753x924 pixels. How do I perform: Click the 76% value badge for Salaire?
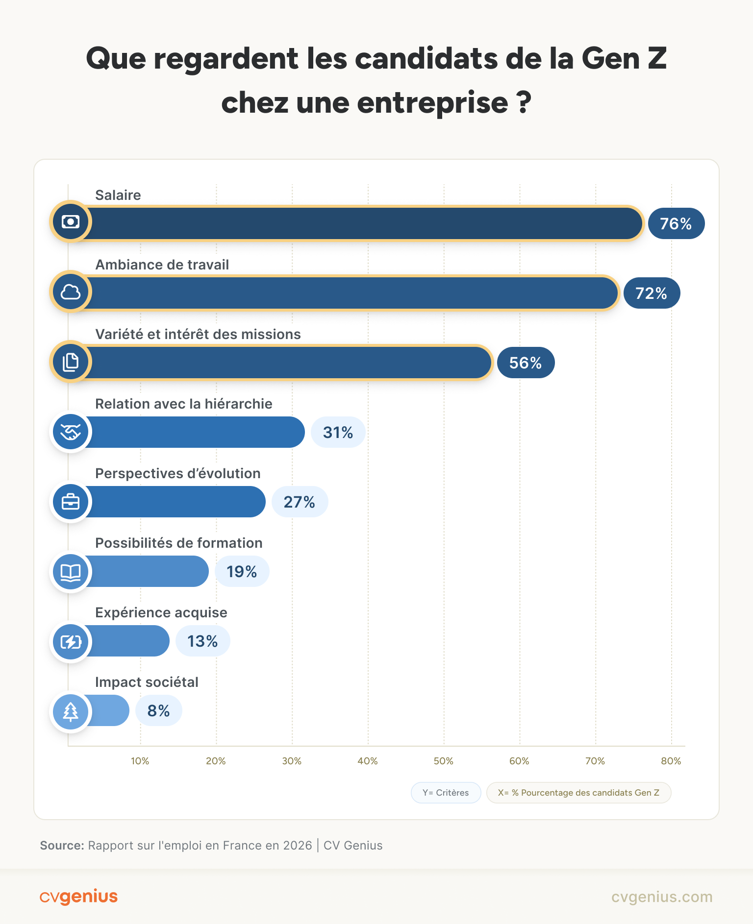[676, 223]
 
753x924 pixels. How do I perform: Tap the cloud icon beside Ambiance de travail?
[71, 292]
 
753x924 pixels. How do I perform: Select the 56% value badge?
[526, 363]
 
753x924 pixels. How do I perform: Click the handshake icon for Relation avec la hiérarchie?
[71, 432]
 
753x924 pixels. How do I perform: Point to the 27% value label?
[300, 502]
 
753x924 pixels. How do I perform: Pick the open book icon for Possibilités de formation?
[71, 572]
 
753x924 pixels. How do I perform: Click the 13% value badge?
[202, 641]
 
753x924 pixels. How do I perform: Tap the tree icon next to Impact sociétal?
[71, 711]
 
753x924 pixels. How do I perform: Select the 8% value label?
[158, 710]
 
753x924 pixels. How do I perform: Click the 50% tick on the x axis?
[443, 761]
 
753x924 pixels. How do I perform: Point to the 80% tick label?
[671, 761]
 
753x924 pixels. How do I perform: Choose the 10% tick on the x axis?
[140, 761]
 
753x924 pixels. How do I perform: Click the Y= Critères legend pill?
[446, 793]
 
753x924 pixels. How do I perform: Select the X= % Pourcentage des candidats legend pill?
[578, 793]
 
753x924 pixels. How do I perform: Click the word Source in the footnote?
[62, 846]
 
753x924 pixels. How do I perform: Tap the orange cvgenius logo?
[78, 897]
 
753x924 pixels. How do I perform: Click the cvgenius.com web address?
[662, 897]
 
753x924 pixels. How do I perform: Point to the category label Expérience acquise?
[161, 612]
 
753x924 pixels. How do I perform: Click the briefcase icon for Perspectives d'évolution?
[71, 502]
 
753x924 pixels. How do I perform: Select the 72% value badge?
[652, 293]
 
